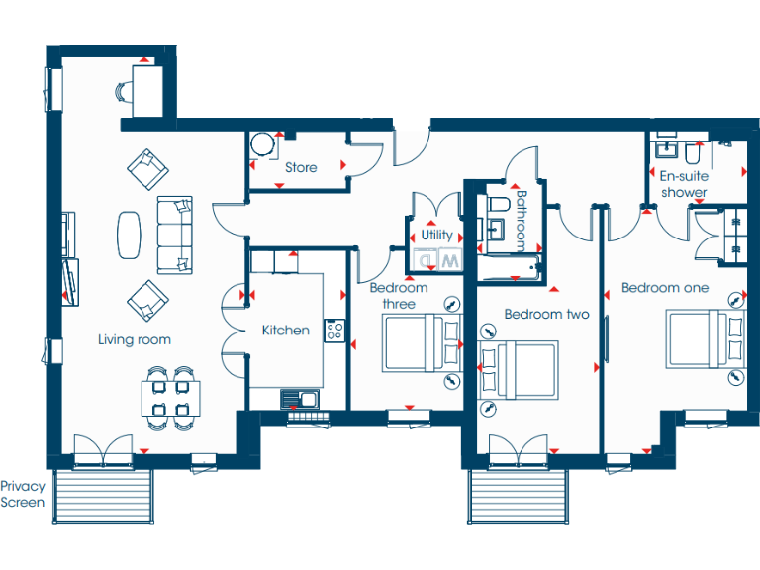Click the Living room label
pyautogui.click(x=135, y=339)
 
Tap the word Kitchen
pyautogui.click(x=285, y=330)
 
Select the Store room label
pyautogui.click(x=301, y=167)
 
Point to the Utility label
pyautogui.click(x=436, y=236)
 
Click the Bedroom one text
pyautogui.click(x=665, y=288)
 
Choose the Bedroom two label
pyautogui.click(x=546, y=315)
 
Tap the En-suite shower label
pyautogui.click(x=684, y=185)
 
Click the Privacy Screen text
pyautogui.click(x=23, y=494)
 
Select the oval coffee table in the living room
pyautogui.click(x=130, y=234)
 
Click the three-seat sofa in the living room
pyautogui.click(x=175, y=234)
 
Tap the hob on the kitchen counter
pyautogui.click(x=333, y=332)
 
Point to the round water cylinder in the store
pyautogui.click(x=261, y=145)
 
